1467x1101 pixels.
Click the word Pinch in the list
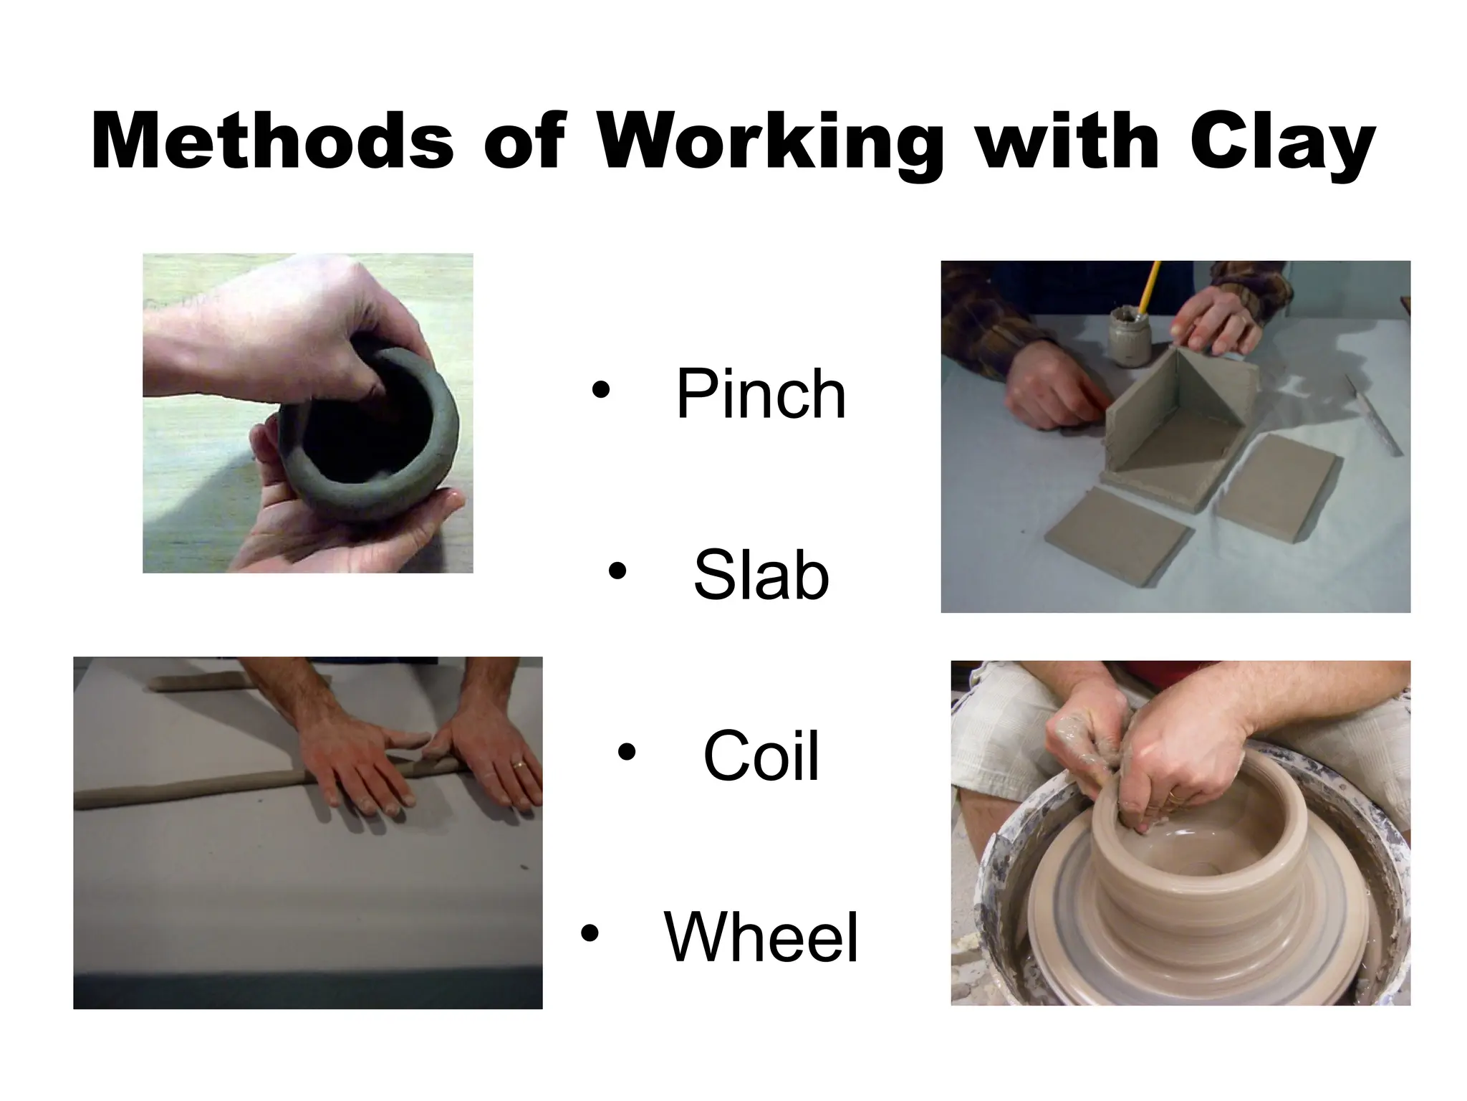[761, 394]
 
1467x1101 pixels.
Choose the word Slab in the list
[761, 575]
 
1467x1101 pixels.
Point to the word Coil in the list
[761, 756]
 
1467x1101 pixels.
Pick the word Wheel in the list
[761, 937]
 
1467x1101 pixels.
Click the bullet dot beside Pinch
[600, 391]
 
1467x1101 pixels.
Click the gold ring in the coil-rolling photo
[519, 765]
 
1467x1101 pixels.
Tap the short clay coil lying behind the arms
[193, 683]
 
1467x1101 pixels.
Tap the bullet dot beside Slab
[617, 571]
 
